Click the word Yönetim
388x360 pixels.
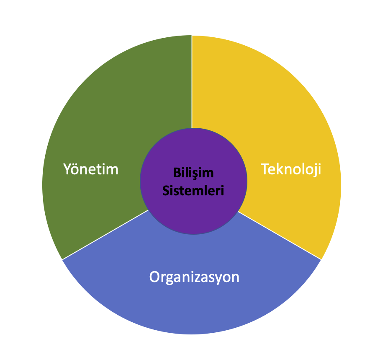tap(91, 169)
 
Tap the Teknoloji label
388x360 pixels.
tap(291, 169)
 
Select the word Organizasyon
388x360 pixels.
tap(194, 277)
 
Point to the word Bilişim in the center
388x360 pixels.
tap(193, 173)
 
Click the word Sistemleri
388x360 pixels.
tap(193, 191)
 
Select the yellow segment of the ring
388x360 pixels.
tap(272, 105)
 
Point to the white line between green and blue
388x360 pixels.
tap(105, 235)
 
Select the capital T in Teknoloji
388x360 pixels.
tap(265, 169)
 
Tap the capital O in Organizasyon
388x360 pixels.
tap(154, 277)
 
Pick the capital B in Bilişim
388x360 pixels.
tap(176, 173)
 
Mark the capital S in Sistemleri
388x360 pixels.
tap(166, 191)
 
